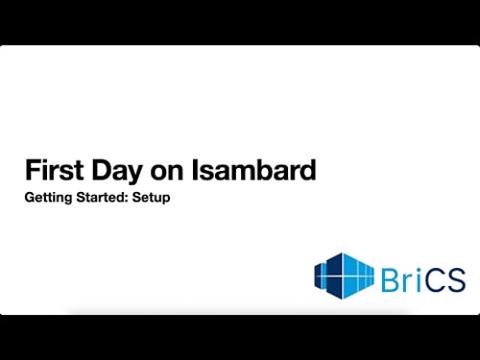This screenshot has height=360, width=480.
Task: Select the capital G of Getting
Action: pos(29,203)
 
